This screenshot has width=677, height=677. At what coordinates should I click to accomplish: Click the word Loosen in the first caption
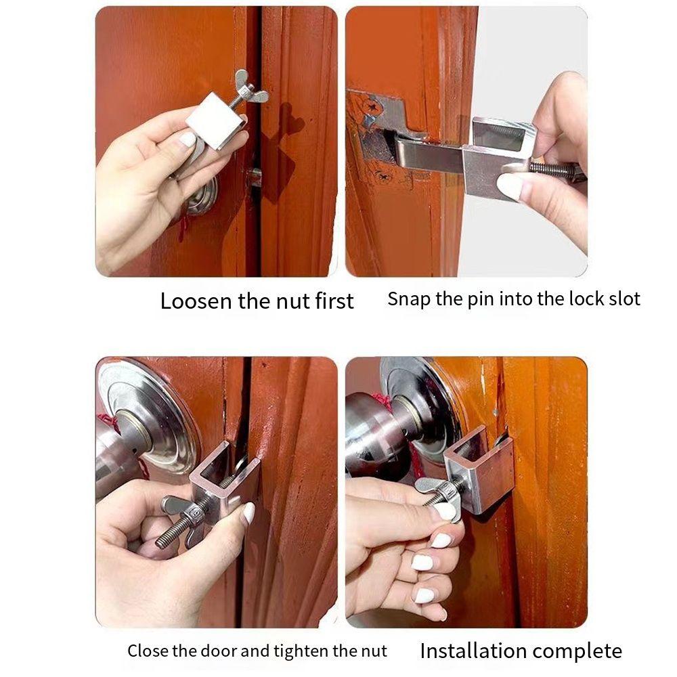[x=195, y=301]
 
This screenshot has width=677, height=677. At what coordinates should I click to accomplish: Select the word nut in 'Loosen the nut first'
[x=294, y=301]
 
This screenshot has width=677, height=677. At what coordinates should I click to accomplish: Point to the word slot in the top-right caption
[x=624, y=299]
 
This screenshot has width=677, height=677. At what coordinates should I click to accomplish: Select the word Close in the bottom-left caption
[x=148, y=651]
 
